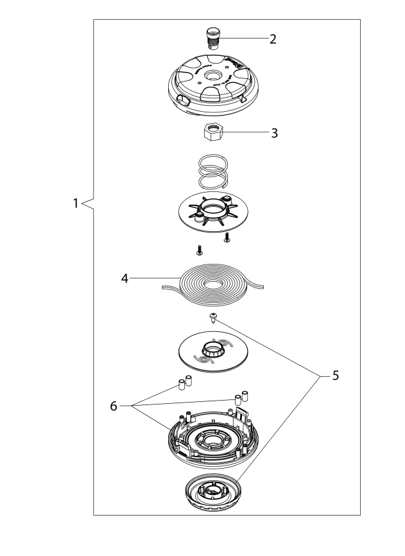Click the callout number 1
pos(75,203)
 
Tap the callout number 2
pos(273,39)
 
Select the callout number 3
pos(274,134)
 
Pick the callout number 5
pos(335,376)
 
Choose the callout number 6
pos(114,406)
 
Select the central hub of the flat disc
pos(213,351)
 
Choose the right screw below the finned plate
pos(227,238)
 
